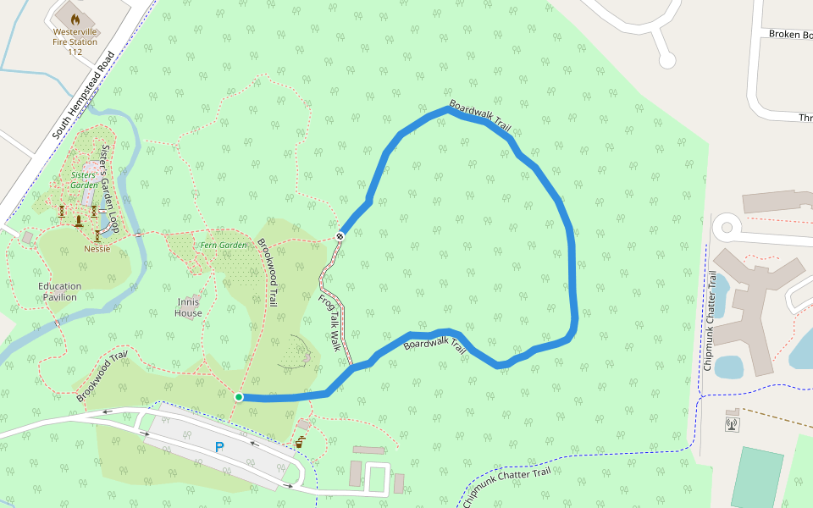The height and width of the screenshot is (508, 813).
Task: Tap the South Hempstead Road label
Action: (84, 95)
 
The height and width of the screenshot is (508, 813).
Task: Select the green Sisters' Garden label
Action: (83, 179)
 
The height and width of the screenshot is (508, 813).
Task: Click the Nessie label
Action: (97, 249)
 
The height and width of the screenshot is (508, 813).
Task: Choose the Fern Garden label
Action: (224, 246)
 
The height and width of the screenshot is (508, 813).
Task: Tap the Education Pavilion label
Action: (59, 292)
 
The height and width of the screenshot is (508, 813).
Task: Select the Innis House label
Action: (188, 307)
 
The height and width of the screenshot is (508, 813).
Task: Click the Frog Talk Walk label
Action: (329, 323)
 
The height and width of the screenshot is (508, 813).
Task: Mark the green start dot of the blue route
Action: (239, 397)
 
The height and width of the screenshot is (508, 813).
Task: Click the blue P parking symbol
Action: (219, 447)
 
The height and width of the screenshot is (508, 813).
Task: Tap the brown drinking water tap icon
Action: (299, 441)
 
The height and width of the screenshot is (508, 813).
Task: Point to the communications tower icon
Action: (732, 422)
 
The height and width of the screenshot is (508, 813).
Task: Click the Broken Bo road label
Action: (789, 35)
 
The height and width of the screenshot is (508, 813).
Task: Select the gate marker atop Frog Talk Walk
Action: (340, 236)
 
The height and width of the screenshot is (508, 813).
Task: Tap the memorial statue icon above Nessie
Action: (79, 220)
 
